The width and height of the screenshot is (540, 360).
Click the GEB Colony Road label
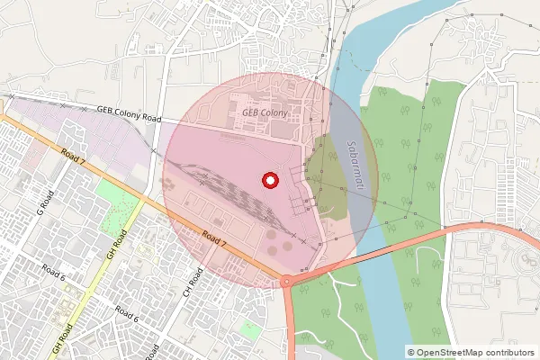[x=128, y=113]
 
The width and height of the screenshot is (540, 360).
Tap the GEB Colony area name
[x=264, y=112]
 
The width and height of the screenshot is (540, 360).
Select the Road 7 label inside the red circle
[x=214, y=238]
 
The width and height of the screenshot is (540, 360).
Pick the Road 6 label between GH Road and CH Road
[x=127, y=313]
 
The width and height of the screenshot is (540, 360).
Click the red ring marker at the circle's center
[x=269, y=181]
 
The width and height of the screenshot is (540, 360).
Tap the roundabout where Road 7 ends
[x=287, y=281]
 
